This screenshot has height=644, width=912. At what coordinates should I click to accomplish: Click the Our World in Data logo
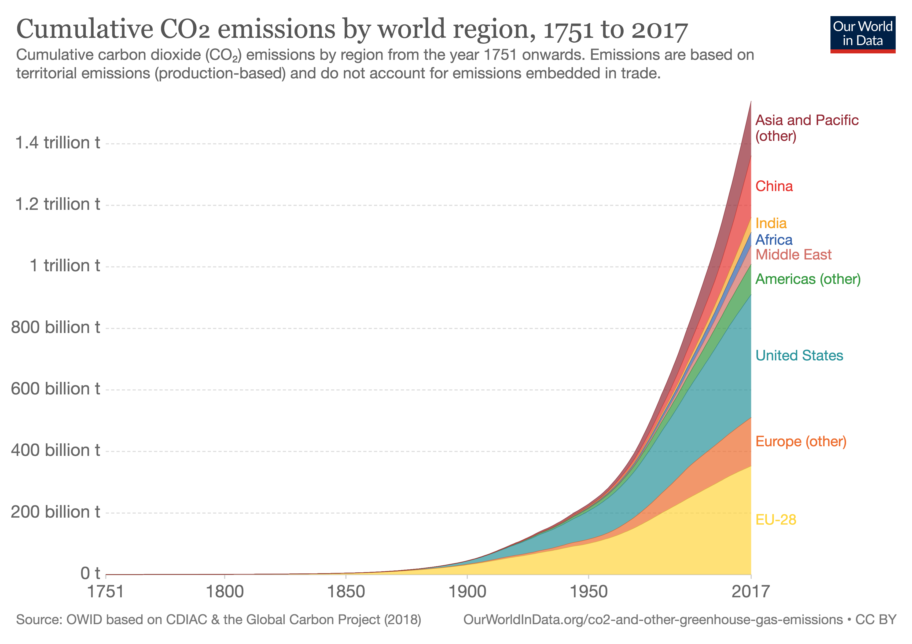tap(862, 34)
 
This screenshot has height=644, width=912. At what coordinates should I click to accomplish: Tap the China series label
tap(774, 186)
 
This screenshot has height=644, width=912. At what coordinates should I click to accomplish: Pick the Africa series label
tap(774, 240)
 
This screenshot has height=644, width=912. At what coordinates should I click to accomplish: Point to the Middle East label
tap(793, 255)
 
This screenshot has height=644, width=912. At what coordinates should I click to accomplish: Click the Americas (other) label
tap(808, 279)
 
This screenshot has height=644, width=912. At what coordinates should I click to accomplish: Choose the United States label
tap(799, 356)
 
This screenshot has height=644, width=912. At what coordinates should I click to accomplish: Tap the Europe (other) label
tap(801, 441)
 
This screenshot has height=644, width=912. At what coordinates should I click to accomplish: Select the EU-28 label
tap(776, 520)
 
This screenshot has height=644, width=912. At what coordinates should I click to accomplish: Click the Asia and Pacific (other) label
tap(806, 128)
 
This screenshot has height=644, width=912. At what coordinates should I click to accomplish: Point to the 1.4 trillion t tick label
tap(58, 143)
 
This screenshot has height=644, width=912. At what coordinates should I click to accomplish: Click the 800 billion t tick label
tap(56, 327)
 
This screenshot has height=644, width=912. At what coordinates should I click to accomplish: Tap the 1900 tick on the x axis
tap(467, 592)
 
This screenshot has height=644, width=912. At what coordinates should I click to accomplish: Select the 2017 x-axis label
tap(750, 592)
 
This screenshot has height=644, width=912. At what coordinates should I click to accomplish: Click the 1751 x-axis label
tap(106, 592)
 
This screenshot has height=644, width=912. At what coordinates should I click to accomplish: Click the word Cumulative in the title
tap(84, 30)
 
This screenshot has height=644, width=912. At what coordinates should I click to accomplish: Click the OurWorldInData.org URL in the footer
tap(653, 620)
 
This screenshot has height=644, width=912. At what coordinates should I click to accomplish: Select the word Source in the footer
tap(38, 620)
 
